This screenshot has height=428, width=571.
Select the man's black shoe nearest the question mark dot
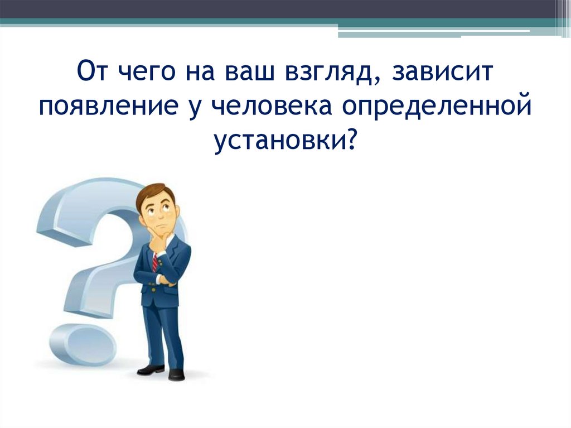(x=151, y=369)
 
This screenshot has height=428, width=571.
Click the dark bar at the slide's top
(x=279, y=8)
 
